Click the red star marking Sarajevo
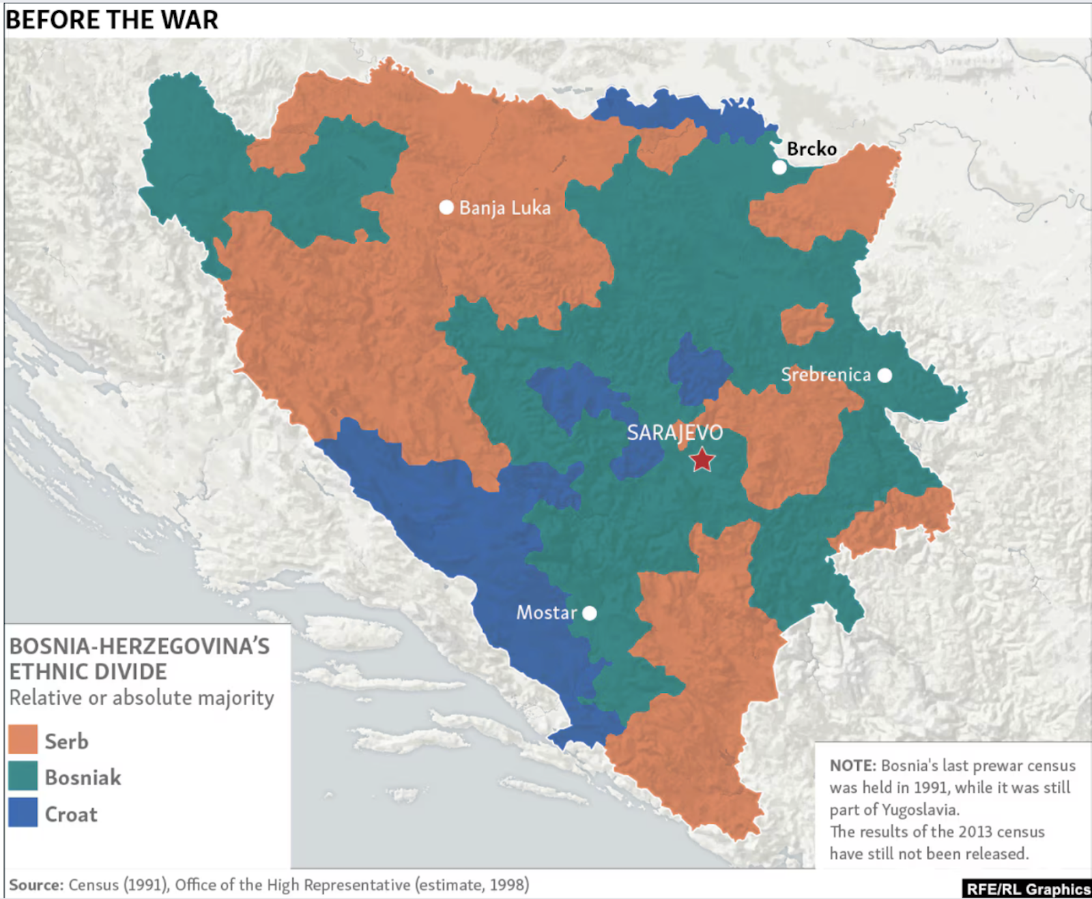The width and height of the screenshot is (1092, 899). pyautogui.click(x=702, y=460)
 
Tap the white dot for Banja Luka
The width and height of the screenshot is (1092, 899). pyautogui.click(x=446, y=207)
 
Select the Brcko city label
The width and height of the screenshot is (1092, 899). pyautogui.click(x=811, y=149)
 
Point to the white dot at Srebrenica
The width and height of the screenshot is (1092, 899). pyautogui.click(x=885, y=375)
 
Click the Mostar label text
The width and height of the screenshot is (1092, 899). pyautogui.click(x=546, y=613)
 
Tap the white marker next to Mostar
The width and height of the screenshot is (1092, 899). pyautogui.click(x=590, y=613)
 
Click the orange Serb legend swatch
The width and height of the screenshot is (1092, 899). pyautogui.click(x=23, y=739)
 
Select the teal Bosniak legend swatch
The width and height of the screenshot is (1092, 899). pyautogui.click(x=23, y=776)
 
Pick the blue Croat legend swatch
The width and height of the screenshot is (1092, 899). pyautogui.click(x=23, y=812)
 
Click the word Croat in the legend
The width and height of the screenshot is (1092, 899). pyautogui.click(x=71, y=814)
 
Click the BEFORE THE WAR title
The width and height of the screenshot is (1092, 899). pyautogui.click(x=112, y=20)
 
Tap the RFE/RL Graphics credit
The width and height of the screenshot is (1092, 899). pyautogui.click(x=1028, y=889)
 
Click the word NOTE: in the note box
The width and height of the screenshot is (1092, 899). pyautogui.click(x=852, y=765)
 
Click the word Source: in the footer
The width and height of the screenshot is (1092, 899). pyautogui.click(x=36, y=885)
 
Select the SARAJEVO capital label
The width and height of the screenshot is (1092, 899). pyautogui.click(x=674, y=432)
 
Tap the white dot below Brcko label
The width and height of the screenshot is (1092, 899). pyautogui.click(x=779, y=167)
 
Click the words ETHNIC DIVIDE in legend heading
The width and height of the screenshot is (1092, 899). pyautogui.click(x=87, y=672)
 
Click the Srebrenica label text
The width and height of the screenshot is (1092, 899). pyautogui.click(x=826, y=374)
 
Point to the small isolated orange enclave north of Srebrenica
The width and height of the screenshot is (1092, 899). pyautogui.click(x=806, y=323)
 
